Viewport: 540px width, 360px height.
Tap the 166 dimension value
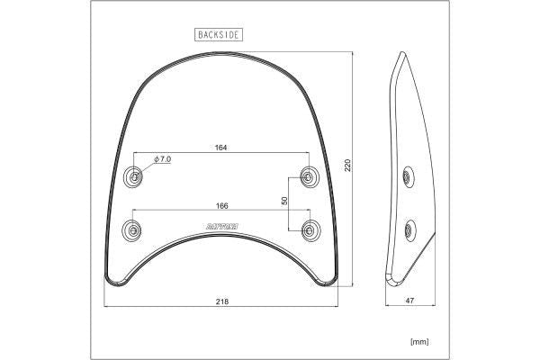220,205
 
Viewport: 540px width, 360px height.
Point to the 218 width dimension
220,301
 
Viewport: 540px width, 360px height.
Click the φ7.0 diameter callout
163,158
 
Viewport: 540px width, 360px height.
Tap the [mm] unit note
419,341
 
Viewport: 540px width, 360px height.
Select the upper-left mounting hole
134,176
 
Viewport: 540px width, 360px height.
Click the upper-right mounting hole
310,176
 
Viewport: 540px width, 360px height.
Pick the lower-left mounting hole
132,229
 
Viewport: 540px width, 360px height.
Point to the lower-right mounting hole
310,229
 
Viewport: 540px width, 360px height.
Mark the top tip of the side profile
398,55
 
